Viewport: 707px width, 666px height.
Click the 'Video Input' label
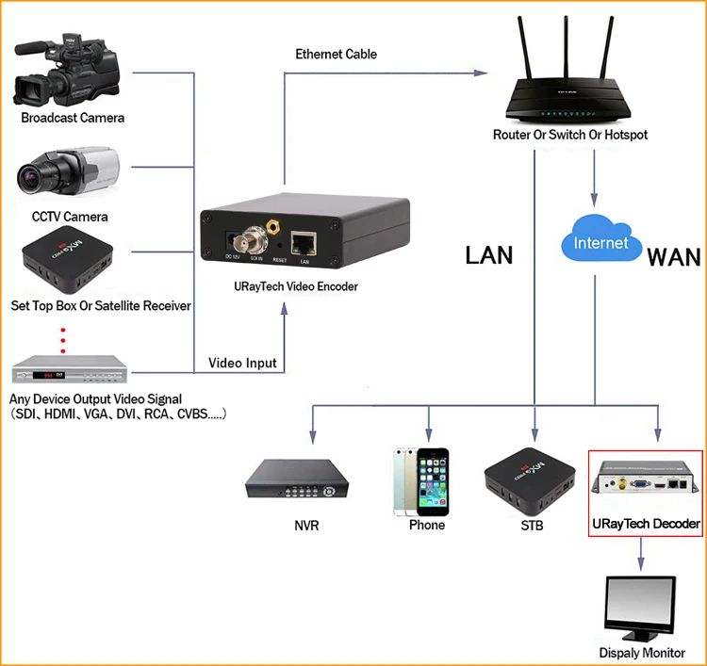[242, 363]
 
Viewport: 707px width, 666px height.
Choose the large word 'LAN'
[489, 254]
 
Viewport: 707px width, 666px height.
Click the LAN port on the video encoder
[304, 244]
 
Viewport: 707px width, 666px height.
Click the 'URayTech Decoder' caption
[646, 523]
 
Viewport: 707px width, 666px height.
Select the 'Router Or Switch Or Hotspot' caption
[570, 135]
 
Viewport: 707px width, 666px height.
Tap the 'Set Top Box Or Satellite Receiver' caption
[101, 305]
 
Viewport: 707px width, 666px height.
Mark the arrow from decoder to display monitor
[642, 553]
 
